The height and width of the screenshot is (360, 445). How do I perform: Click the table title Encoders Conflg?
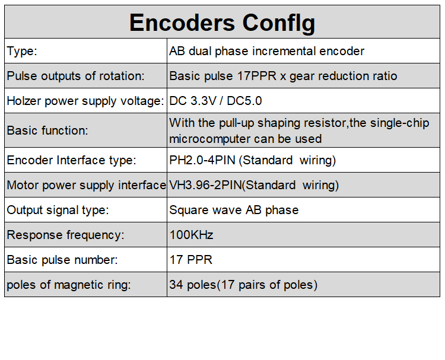[x=223, y=23]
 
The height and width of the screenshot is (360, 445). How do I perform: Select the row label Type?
[x=22, y=52]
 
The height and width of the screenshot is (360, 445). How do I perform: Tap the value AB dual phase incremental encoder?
[x=266, y=52]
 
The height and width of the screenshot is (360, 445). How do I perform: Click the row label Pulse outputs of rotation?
[x=75, y=76]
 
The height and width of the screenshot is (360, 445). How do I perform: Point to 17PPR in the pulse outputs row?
[x=257, y=76]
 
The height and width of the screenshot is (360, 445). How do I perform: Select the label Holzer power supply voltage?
[x=85, y=101]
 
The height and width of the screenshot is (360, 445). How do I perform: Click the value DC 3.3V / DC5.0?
[x=215, y=101]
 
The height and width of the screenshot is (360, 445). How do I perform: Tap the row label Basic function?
[x=47, y=130]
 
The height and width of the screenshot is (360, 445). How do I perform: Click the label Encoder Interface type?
[x=72, y=160]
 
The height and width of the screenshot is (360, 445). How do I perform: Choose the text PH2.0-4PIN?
[x=202, y=160]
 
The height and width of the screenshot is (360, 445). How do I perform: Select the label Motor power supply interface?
[x=87, y=185]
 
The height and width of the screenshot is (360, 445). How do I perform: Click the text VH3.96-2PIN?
[x=205, y=185]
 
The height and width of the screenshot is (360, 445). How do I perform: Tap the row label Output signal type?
[x=58, y=210]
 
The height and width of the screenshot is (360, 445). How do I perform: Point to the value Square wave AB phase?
[x=234, y=210]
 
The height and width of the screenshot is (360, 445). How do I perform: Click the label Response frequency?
[x=65, y=235]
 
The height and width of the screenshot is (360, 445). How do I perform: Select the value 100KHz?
[x=191, y=235]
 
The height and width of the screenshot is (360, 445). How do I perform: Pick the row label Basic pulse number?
[x=62, y=260]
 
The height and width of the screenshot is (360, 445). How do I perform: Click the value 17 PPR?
[x=190, y=260]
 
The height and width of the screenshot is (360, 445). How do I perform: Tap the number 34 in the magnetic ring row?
[x=176, y=285]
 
